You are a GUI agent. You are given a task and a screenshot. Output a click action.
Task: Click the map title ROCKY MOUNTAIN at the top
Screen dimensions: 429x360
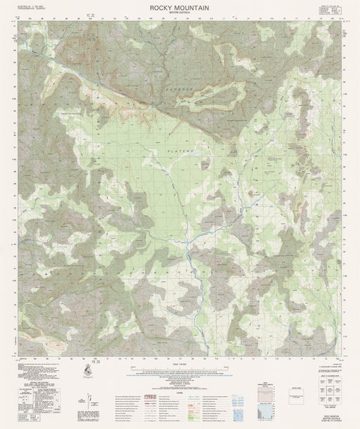point(180,6)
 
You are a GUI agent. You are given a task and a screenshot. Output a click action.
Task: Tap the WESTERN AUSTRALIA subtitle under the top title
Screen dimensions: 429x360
point(180,11)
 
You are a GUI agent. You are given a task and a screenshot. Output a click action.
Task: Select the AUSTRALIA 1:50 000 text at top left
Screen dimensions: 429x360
point(26,6)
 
